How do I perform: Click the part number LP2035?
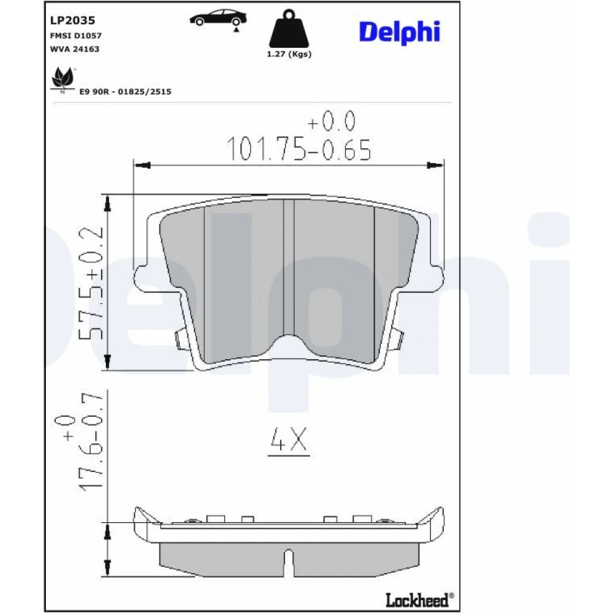(x=73, y=20)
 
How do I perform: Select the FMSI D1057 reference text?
(x=76, y=36)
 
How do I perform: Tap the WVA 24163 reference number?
(x=75, y=49)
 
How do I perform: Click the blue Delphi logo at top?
(x=400, y=32)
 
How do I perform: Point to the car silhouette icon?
(x=218, y=18)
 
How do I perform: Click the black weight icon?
(x=289, y=29)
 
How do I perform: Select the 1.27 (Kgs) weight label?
(x=289, y=54)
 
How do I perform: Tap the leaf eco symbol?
(x=63, y=79)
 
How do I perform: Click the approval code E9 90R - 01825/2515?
(x=125, y=91)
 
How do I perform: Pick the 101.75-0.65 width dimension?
(x=299, y=149)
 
